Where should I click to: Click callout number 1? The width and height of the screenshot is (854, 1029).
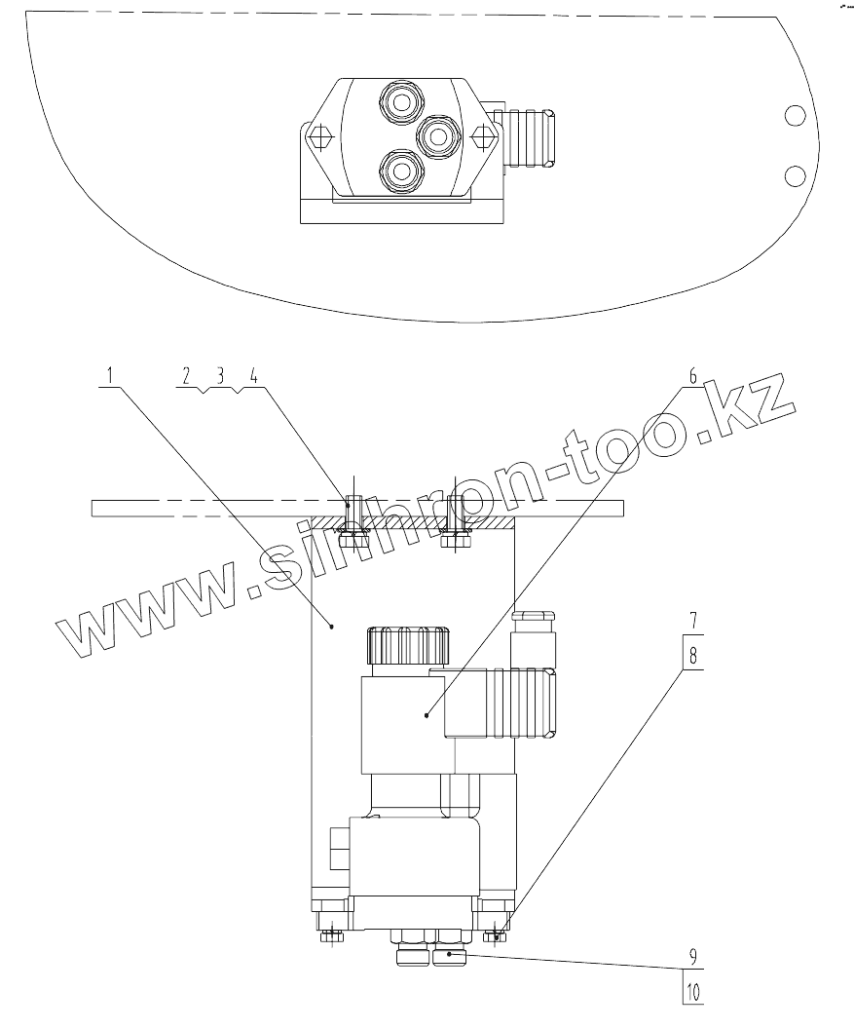pos(110,375)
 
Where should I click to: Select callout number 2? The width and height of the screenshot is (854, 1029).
pos(186,375)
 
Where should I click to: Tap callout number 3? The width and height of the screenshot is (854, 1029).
pos(220,375)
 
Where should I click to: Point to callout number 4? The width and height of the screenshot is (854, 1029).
pos(254,375)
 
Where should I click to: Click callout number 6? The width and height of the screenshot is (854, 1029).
pos(692,376)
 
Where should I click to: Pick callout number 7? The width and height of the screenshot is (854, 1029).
pos(693,620)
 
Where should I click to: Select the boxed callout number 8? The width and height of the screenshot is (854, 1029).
pos(693,655)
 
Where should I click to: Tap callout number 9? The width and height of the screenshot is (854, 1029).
pos(693,956)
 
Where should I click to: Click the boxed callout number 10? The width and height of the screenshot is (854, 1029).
pos(693,991)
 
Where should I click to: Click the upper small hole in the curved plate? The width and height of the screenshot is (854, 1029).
pos(795,116)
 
